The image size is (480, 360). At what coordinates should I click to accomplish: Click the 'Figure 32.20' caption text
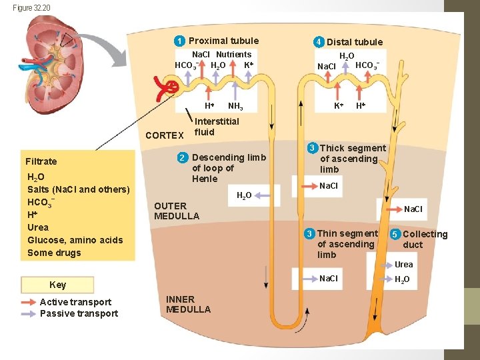click(31, 7)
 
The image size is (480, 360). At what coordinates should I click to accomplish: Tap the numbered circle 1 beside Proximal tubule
click(180, 41)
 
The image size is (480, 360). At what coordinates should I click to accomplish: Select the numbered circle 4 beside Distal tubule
click(319, 42)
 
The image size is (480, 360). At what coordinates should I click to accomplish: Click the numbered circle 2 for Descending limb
click(182, 158)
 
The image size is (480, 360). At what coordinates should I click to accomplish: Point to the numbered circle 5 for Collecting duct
click(395, 234)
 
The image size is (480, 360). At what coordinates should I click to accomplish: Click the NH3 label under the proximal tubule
click(235, 106)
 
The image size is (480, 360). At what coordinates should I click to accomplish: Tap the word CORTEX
click(165, 135)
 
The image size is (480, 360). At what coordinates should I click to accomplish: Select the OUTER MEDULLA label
click(176, 211)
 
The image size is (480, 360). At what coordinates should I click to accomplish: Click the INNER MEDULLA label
click(188, 304)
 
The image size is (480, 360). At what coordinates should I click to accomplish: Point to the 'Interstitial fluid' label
click(216, 127)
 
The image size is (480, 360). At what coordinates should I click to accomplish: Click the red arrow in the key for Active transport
click(29, 302)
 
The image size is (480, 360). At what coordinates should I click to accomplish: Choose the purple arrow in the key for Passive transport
click(29, 313)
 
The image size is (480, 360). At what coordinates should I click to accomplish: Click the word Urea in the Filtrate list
click(38, 227)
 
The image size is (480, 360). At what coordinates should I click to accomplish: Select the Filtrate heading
click(41, 161)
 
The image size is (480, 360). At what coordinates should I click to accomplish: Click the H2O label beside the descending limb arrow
click(245, 195)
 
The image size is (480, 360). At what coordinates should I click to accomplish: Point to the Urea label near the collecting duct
click(403, 265)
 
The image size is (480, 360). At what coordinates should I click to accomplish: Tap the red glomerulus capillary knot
click(171, 87)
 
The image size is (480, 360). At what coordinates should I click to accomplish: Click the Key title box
click(58, 285)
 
